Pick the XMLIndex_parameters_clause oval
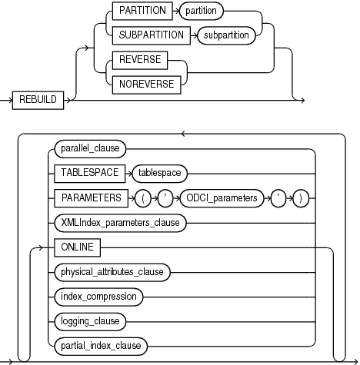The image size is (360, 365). click(118, 223)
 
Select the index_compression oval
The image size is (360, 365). click(96, 295)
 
